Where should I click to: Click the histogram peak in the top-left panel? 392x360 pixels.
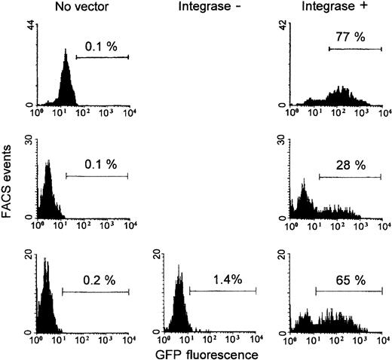pyautogui.click(x=66, y=53)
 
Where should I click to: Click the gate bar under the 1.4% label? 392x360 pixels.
pyautogui.click(x=223, y=291)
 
